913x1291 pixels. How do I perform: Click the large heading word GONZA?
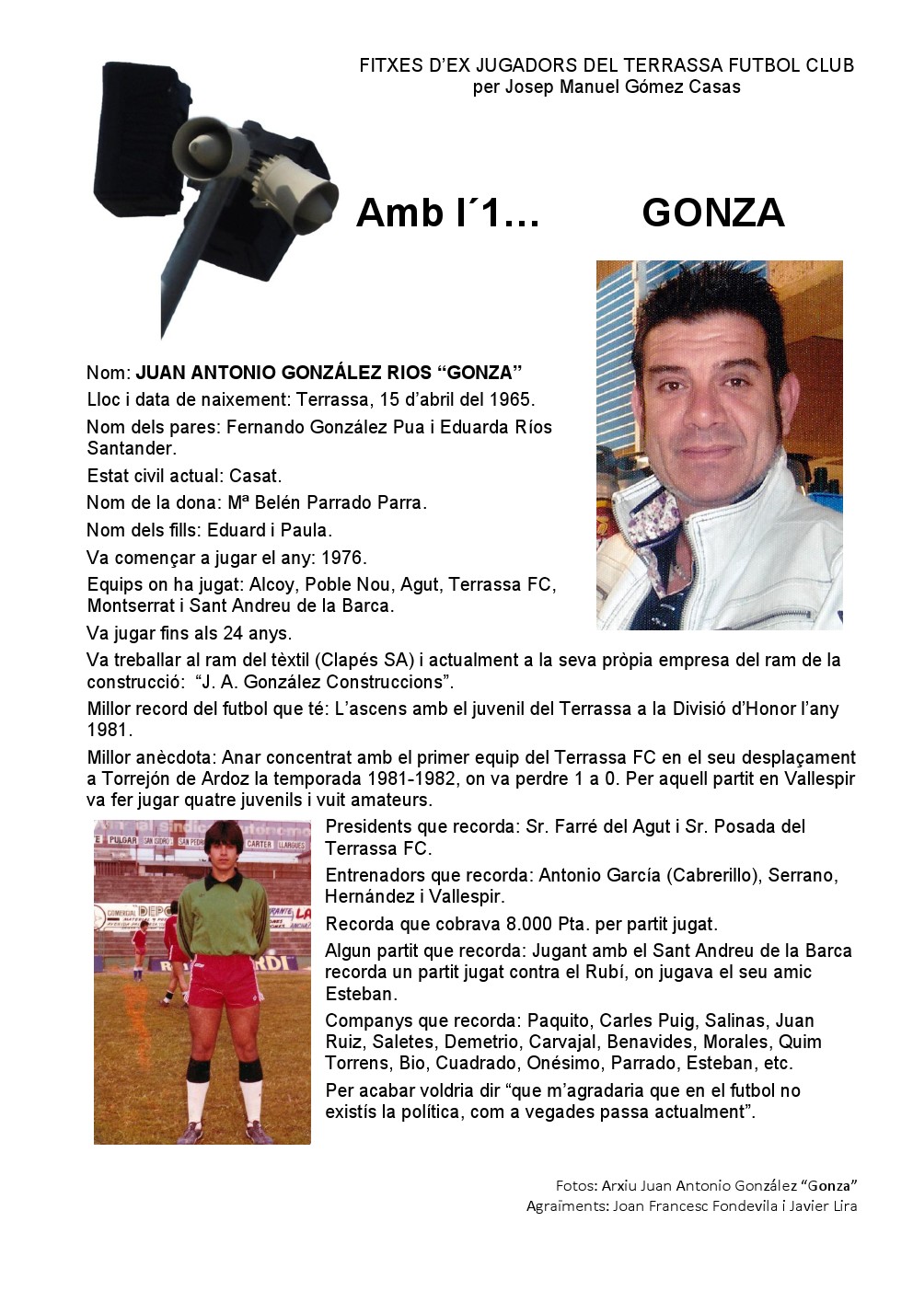pyautogui.click(x=712, y=213)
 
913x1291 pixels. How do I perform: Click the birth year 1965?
pyautogui.click(x=513, y=399)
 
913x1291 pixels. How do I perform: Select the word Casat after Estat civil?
pyautogui.click(x=254, y=476)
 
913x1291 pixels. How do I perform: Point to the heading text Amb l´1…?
pyautogui.click(x=447, y=213)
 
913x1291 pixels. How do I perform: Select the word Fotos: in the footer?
pyautogui.click(x=576, y=1185)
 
